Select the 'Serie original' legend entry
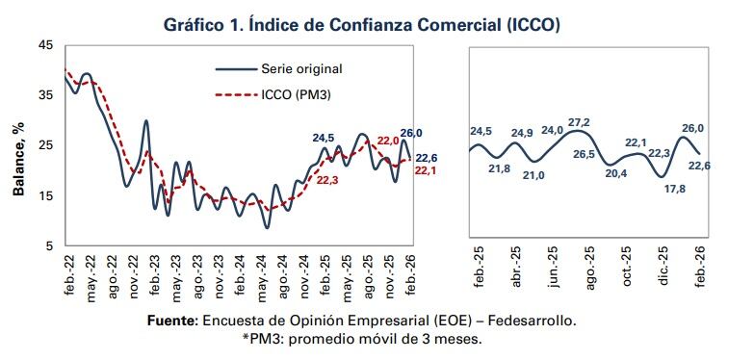[300, 68]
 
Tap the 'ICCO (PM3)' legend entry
[296, 95]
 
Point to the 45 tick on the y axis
[46, 45]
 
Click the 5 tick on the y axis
[50, 245]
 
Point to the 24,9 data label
[521, 133]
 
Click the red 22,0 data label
[388, 141]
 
